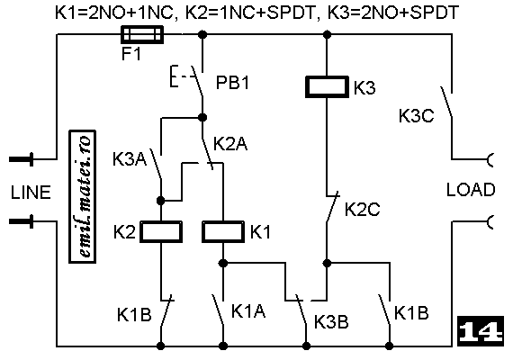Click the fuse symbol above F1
point(142,35)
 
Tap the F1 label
point(131,54)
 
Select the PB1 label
point(232,83)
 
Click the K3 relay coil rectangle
point(327,86)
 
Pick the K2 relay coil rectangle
point(161,231)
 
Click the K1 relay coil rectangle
point(223,231)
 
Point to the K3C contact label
point(416,115)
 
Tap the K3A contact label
point(130,159)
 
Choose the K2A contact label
point(230,144)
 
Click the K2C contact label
point(363,209)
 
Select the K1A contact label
point(248,310)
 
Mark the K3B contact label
point(331,321)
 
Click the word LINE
point(31,193)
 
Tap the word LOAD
point(471,190)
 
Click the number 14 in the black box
point(481,331)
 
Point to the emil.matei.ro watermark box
point(83,196)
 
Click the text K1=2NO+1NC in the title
point(113,13)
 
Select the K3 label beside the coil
point(364,87)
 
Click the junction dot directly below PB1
point(202,117)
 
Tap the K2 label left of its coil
point(124,231)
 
